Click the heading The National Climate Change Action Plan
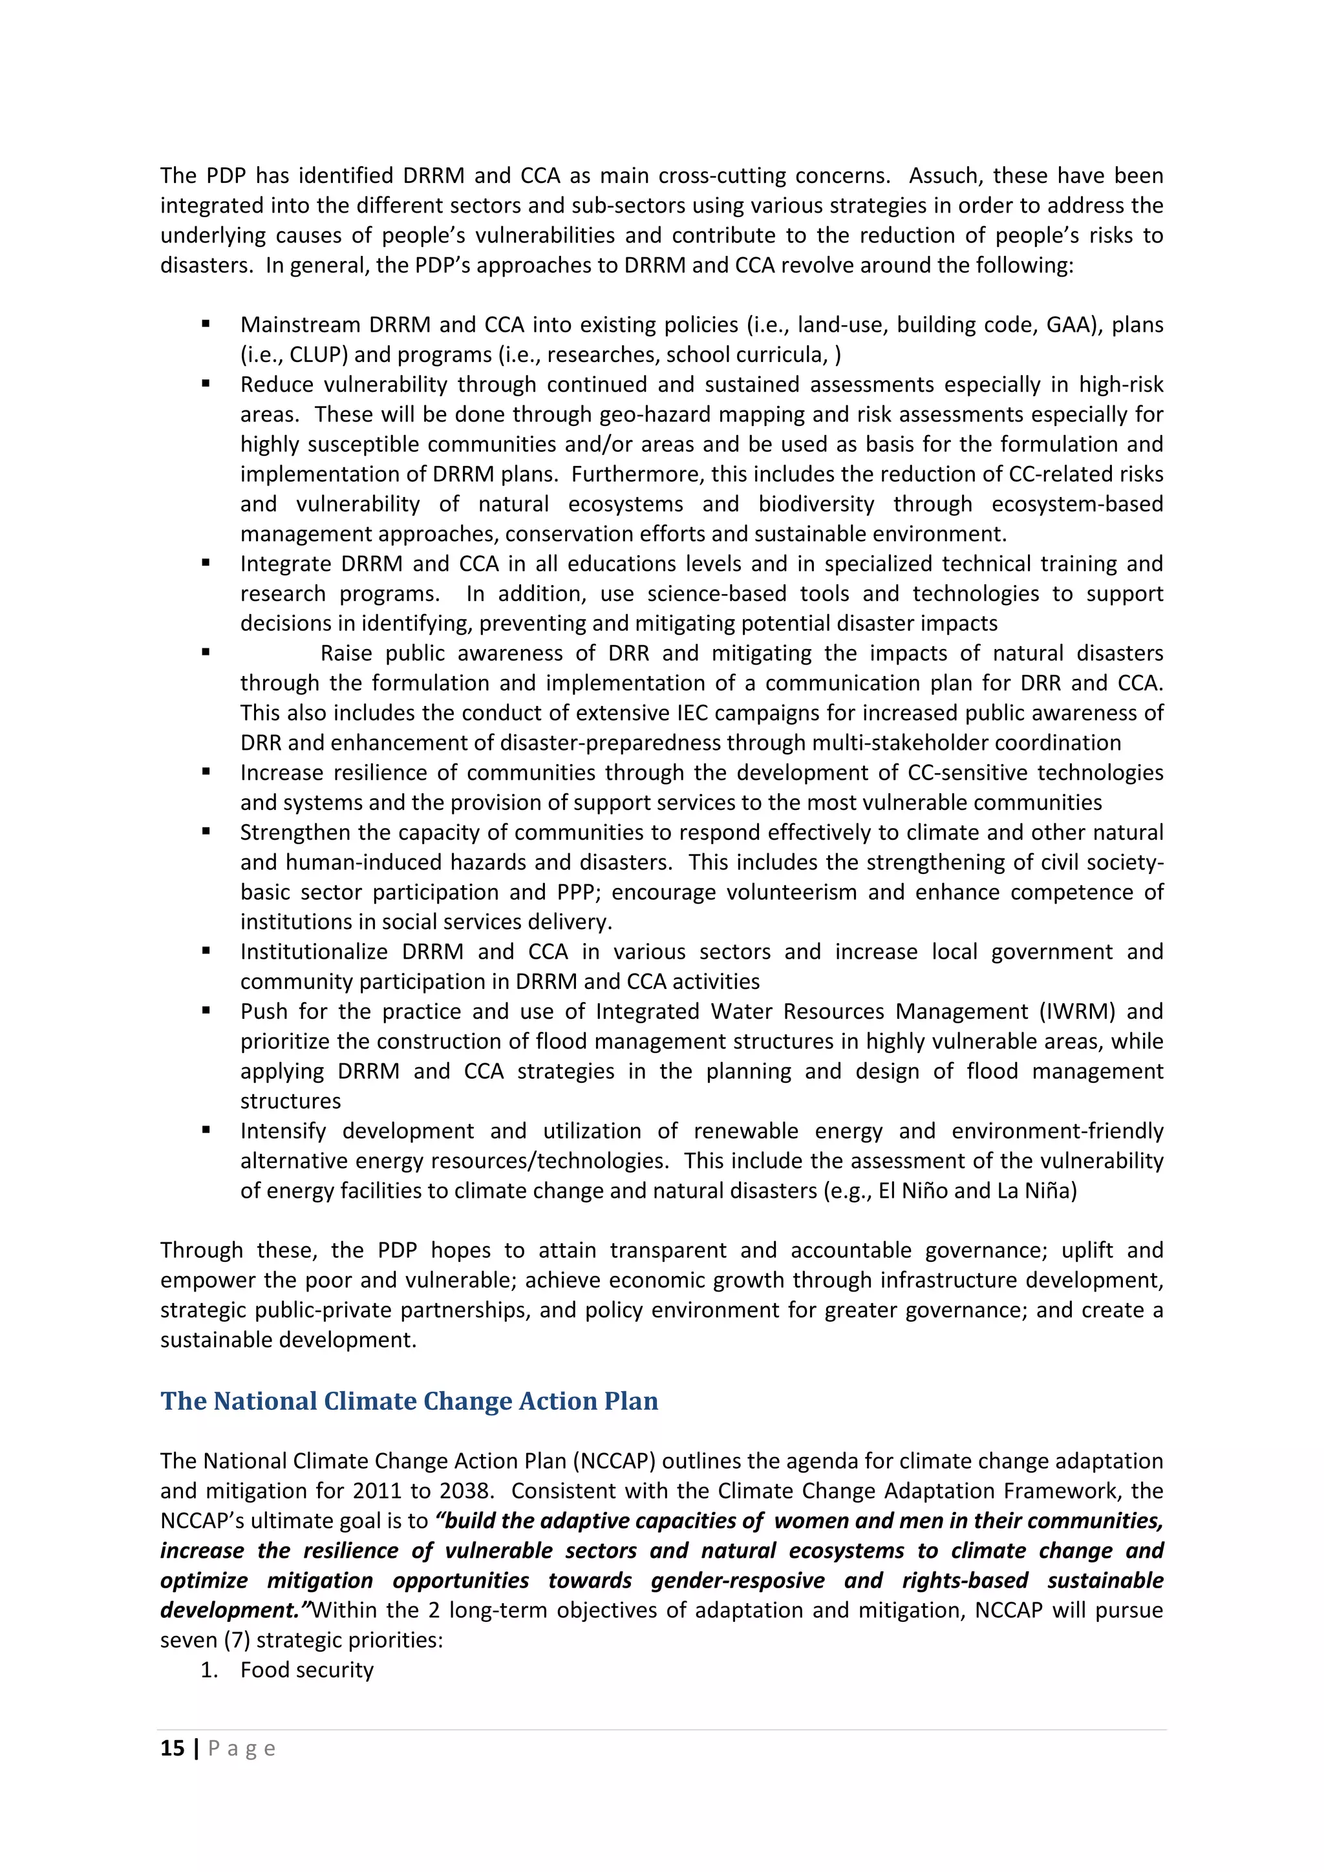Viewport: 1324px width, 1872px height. pyautogui.click(x=409, y=1401)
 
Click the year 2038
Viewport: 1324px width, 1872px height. pyautogui.click(x=465, y=1491)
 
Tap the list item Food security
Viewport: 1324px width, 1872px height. pyautogui.click(x=306, y=1670)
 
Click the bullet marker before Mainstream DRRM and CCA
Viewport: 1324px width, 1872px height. pyautogui.click(x=206, y=324)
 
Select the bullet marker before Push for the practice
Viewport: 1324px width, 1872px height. pyautogui.click(x=206, y=1011)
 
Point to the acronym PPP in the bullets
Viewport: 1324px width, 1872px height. pyautogui.click(x=577, y=893)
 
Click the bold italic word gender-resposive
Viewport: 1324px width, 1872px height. pyautogui.click(x=738, y=1581)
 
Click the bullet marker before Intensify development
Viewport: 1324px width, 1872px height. pyautogui.click(x=206, y=1130)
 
